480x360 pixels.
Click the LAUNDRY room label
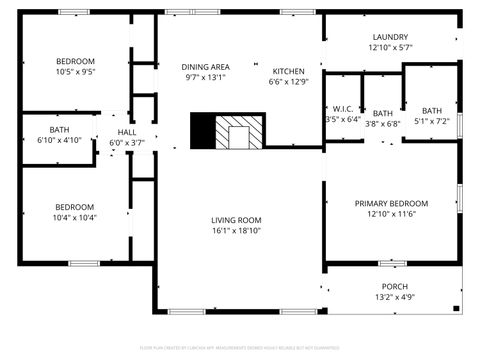390,35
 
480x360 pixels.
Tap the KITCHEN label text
288,71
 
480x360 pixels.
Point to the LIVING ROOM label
236,220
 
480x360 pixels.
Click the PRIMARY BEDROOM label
391,203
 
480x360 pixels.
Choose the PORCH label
394,286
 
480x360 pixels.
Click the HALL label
127,132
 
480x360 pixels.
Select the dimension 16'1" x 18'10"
236,231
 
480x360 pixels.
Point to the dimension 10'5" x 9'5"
75,72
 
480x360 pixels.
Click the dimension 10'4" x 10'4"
75,218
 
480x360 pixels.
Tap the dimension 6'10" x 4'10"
59,140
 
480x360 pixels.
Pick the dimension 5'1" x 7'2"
431,121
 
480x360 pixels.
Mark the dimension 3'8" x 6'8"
383,124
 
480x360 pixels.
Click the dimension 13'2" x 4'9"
394,297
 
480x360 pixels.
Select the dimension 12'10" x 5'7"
390,46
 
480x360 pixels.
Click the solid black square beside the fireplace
203,130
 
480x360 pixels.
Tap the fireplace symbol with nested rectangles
240,131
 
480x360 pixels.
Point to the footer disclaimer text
240,349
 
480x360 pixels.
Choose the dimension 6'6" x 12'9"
288,82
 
